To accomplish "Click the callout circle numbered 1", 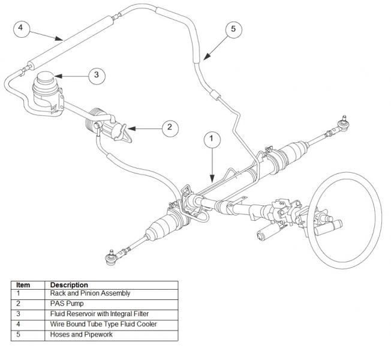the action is click(212, 140).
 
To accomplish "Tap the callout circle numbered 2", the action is click(170, 128).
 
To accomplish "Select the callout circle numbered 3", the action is click(97, 76).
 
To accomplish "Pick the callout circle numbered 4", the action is click(22, 29).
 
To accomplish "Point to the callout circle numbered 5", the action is click(234, 29).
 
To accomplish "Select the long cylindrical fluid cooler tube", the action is click(71, 41).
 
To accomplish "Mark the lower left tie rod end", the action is click(110, 257).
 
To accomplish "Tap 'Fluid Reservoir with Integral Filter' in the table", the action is click(99, 314).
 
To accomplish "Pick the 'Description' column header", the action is click(69, 285).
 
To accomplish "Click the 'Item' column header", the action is click(23, 285).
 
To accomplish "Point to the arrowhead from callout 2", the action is click(131, 129).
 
